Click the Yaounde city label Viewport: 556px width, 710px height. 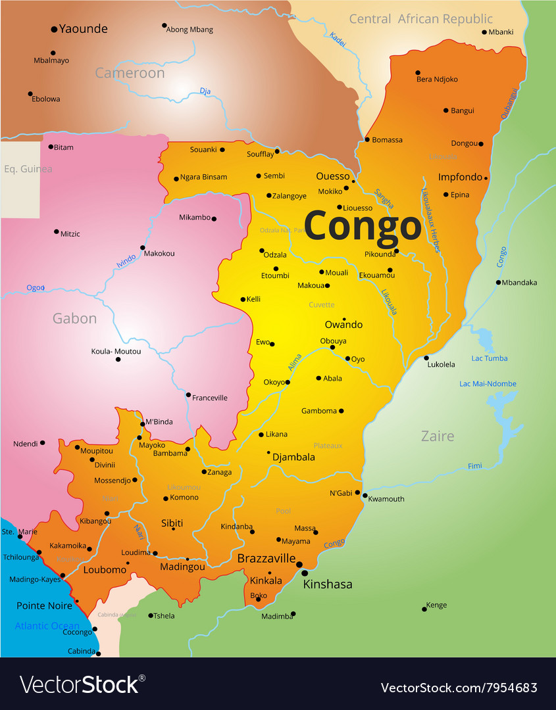[83, 29]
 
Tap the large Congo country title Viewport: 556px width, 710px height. [362, 227]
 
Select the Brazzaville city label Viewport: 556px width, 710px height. [266, 558]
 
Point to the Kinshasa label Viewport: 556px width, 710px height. [327, 584]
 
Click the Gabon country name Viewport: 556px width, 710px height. [74, 319]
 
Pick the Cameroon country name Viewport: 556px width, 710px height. [130, 73]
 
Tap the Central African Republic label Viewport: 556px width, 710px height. [420, 19]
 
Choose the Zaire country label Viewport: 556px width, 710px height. [438, 436]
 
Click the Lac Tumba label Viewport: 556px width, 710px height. [489, 358]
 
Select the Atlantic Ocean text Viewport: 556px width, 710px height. [47, 626]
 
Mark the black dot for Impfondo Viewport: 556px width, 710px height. [486, 178]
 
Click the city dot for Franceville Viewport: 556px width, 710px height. [188, 395]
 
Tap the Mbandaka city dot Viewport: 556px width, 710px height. [498, 283]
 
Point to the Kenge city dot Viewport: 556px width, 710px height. [424, 609]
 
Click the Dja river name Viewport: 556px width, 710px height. [205, 91]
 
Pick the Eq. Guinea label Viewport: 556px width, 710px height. [28, 169]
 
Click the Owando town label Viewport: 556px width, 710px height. [343, 325]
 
